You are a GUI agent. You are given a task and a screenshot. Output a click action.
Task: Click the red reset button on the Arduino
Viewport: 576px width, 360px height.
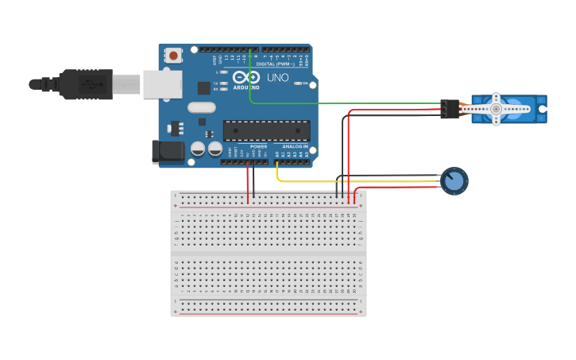(172, 56)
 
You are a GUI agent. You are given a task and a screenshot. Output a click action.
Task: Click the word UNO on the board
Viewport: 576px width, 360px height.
(277, 78)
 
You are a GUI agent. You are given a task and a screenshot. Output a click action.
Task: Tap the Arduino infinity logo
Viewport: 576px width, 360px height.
(246, 78)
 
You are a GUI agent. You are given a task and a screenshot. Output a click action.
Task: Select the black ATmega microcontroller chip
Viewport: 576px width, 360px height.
(266, 130)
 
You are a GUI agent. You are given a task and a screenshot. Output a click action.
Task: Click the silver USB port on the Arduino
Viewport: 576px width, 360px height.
(162, 84)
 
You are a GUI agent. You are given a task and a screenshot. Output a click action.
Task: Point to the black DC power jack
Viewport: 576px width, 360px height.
(162, 151)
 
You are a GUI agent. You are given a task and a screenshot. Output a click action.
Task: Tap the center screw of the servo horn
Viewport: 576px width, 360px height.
(497, 108)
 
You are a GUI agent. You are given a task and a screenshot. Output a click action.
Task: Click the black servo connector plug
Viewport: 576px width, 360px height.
(450, 109)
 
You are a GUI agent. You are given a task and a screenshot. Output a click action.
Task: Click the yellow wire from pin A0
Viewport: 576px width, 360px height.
(358, 182)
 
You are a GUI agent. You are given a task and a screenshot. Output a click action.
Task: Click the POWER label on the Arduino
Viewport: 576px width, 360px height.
(259, 147)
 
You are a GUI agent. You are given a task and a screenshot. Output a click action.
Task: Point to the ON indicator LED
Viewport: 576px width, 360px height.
(297, 83)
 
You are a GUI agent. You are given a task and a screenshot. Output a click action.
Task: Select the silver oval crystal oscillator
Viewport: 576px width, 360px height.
(202, 107)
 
